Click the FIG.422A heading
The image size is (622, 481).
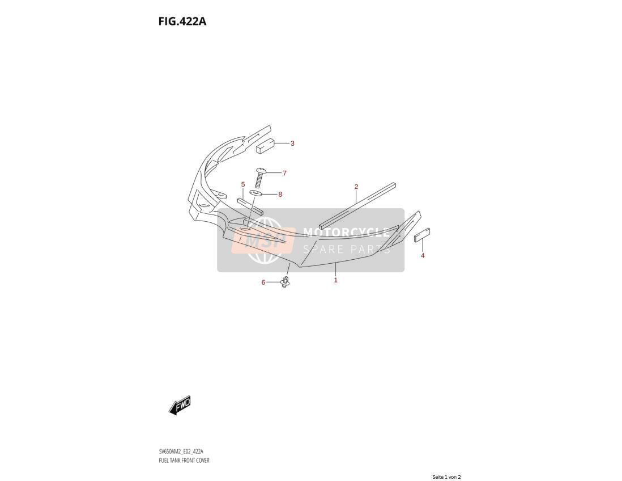182,22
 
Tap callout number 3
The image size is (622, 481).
292,144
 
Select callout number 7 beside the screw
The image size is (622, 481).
284,173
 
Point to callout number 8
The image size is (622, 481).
280,194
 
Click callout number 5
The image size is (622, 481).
243,184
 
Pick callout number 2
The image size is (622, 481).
356,187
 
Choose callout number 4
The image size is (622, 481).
423,255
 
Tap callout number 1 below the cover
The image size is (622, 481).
335,280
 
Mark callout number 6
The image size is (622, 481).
263,282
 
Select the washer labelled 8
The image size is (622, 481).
255,193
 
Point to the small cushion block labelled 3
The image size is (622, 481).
265,146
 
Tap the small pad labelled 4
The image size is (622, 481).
422,235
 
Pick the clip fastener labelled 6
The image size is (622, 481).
285,281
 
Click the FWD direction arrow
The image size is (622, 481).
180,405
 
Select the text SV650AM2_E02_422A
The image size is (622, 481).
181,451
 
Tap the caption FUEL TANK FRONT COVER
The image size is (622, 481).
184,461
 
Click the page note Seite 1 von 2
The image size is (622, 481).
446,477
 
